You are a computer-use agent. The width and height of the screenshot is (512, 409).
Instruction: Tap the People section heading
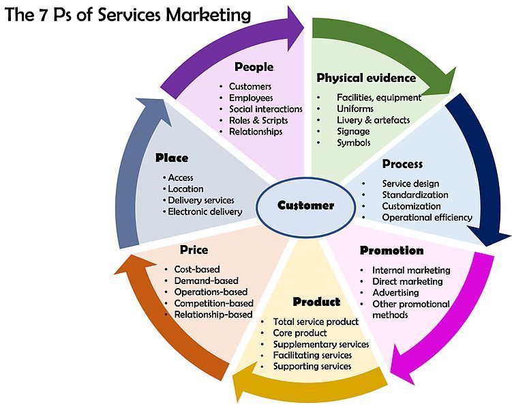[254, 67]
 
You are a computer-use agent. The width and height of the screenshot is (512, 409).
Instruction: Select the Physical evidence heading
[366, 78]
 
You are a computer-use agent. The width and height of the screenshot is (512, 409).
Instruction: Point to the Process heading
[402, 164]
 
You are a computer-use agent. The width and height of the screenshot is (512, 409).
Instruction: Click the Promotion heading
[391, 251]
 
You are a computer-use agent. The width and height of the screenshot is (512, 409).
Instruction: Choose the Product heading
[316, 302]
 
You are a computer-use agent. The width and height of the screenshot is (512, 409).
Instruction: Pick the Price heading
[194, 250]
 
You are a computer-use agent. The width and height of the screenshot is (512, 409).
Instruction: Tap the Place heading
[171, 158]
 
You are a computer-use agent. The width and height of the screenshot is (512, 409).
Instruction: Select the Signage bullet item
[353, 131]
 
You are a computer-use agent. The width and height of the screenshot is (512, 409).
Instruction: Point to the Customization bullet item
[411, 206]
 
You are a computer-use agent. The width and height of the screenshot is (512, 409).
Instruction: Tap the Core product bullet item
[300, 333]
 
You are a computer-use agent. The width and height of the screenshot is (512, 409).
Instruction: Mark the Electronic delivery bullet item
[205, 212]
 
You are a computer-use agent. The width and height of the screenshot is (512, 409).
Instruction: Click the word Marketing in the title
[205, 14]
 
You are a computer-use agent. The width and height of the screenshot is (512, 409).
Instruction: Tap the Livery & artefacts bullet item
[373, 120]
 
